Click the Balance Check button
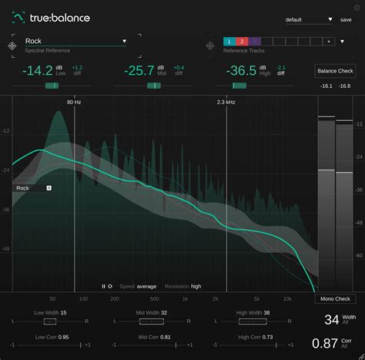point(336,72)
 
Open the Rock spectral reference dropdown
point(124,41)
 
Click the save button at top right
point(346,19)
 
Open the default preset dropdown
point(308,19)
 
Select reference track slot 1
point(229,41)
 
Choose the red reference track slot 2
point(241,41)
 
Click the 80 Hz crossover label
point(74,102)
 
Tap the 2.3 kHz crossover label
point(226,102)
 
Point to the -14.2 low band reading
point(37,71)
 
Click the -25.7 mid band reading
point(139,71)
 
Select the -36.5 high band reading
point(241,71)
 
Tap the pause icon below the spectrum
point(103,286)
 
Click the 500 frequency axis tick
point(155,298)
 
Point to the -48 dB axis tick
point(6,249)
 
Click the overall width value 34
point(331,320)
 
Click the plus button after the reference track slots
point(328,41)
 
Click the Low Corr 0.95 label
point(51,337)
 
